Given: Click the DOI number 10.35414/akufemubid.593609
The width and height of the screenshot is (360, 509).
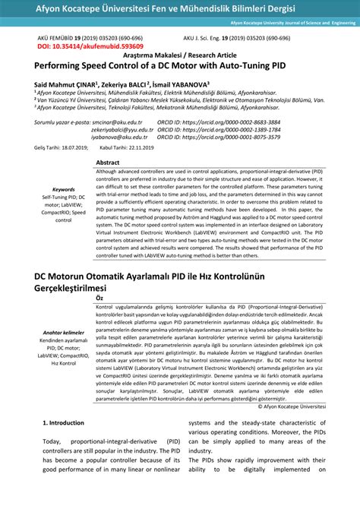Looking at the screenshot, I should tap(90, 46).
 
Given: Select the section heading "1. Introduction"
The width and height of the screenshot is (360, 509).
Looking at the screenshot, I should tap(63, 422).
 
